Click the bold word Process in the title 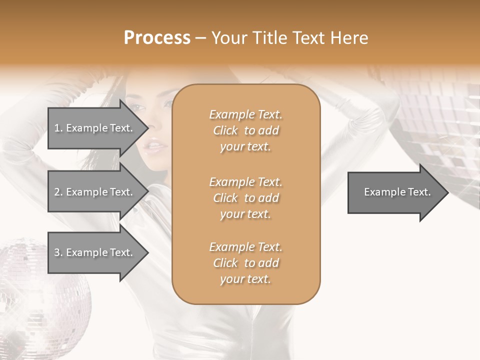point(157,38)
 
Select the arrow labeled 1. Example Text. point(95,128)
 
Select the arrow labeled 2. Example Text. point(95,192)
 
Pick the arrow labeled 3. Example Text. point(95,252)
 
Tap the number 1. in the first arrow point(58,128)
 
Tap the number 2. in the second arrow point(58,192)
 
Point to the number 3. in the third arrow point(58,252)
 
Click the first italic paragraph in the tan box point(245,130)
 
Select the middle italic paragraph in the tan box point(245,198)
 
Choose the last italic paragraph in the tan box point(245,263)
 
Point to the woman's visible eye point(137,106)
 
